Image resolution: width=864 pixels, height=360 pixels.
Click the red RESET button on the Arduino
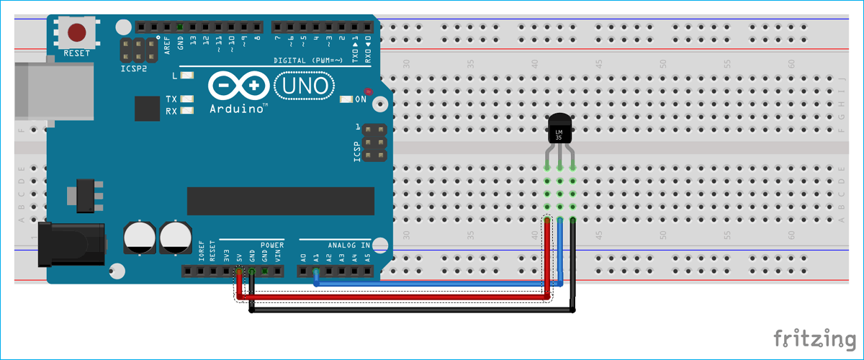(76, 33)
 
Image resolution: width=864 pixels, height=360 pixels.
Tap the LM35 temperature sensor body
(559, 130)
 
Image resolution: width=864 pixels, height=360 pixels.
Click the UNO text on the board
(305, 86)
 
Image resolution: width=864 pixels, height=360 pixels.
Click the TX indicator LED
(188, 99)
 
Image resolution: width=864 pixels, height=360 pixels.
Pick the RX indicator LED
(188, 111)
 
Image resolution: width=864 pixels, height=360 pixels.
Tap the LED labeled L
(188, 75)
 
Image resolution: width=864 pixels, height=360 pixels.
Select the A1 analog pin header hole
(315, 271)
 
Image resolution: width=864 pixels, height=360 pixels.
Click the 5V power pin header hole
(239, 271)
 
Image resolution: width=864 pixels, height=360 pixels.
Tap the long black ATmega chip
(280, 201)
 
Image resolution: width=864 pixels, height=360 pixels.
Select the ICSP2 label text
(134, 69)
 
